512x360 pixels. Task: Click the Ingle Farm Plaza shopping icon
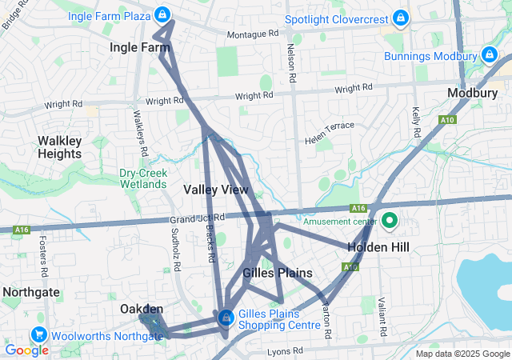162,14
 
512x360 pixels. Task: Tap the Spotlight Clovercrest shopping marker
401,17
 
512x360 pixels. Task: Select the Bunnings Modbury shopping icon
489,55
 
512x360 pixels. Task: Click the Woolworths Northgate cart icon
38,335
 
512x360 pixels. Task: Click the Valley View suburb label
216,190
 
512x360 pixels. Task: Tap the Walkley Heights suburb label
59,147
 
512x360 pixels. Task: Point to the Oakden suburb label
142,309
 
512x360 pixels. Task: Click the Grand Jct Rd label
197,218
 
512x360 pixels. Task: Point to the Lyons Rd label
286,350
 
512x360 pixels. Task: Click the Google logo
26,350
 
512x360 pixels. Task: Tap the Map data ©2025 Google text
462,354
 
